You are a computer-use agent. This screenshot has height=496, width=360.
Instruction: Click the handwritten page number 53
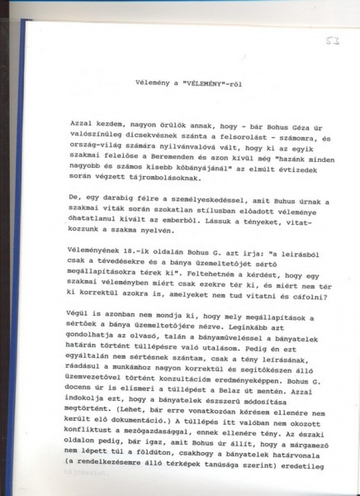pyautogui.click(x=334, y=41)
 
